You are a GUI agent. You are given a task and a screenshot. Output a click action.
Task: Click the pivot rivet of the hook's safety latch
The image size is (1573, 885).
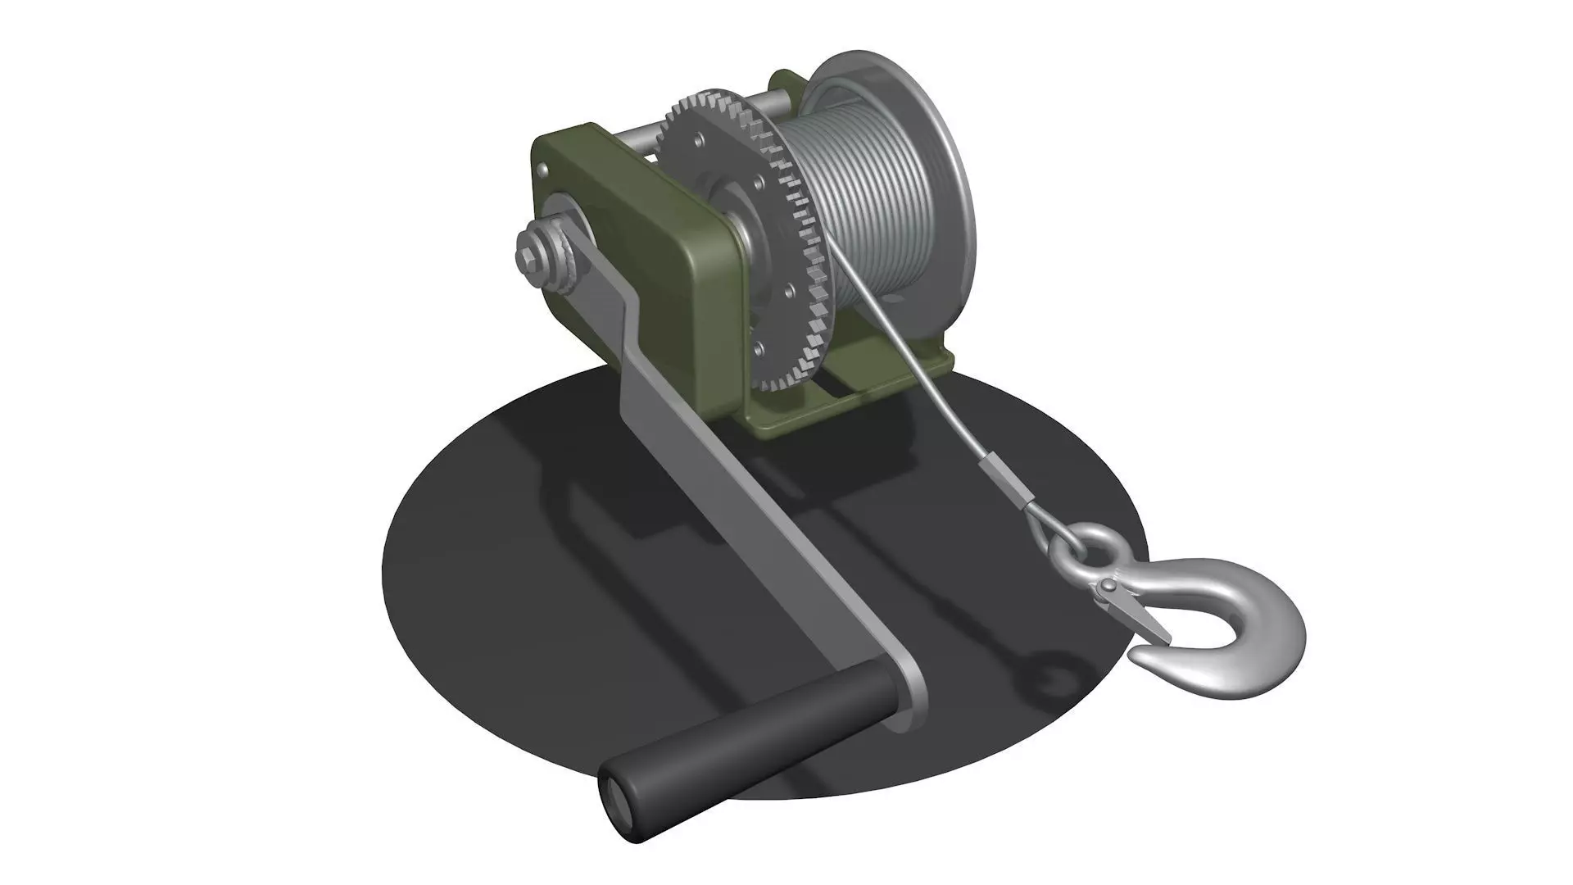tap(1107, 586)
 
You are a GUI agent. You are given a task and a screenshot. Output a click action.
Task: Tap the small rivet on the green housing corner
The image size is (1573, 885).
tap(542, 169)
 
